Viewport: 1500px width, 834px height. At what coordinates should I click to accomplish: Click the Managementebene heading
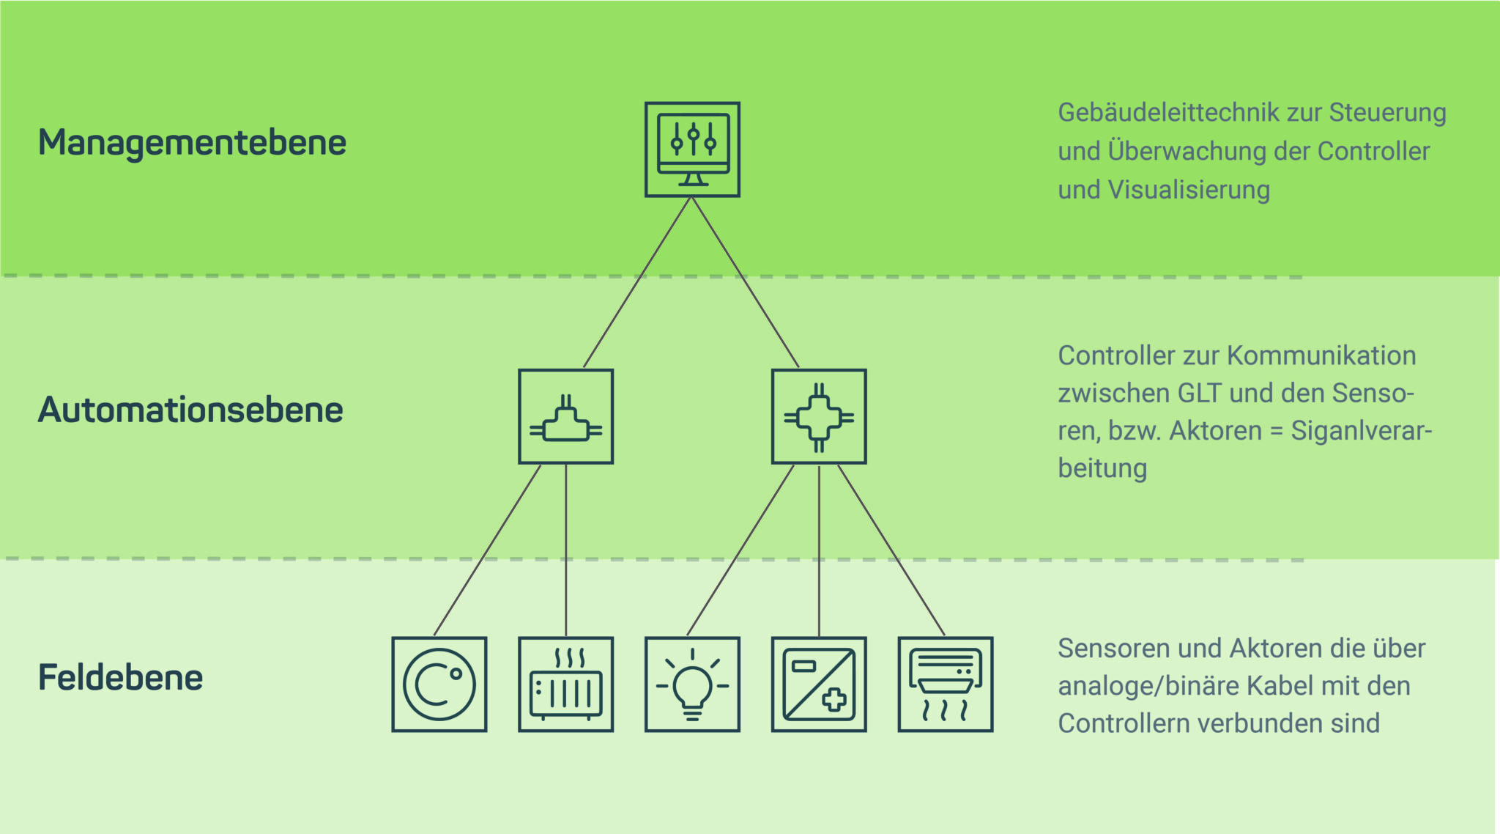[x=192, y=143]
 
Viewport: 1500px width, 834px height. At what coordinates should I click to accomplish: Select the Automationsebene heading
[x=190, y=410]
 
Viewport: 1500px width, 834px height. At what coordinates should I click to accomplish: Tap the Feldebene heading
[x=120, y=677]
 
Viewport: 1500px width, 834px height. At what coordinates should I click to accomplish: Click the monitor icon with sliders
[x=692, y=150]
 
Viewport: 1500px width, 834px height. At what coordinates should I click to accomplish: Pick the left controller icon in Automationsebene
[x=565, y=416]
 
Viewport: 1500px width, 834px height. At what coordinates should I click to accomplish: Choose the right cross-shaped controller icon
[x=819, y=416]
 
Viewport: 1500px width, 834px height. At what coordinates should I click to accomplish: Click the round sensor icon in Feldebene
[x=439, y=684]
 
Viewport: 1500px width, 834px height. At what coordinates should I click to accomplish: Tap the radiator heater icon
[x=565, y=684]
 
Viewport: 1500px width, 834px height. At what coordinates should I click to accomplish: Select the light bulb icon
[x=692, y=684]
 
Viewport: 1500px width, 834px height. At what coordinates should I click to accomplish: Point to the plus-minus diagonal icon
[x=819, y=684]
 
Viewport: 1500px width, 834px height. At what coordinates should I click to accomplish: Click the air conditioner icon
[x=946, y=684]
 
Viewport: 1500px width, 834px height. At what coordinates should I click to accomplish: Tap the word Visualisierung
[x=1189, y=190]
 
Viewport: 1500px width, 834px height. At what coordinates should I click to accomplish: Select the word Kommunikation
[x=1321, y=355]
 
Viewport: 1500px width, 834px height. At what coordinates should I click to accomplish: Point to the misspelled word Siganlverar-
[x=1361, y=431]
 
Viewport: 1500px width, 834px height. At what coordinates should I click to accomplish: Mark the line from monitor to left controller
[x=637, y=282]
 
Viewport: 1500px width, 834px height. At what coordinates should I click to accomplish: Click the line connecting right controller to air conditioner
[x=891, y=550]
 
